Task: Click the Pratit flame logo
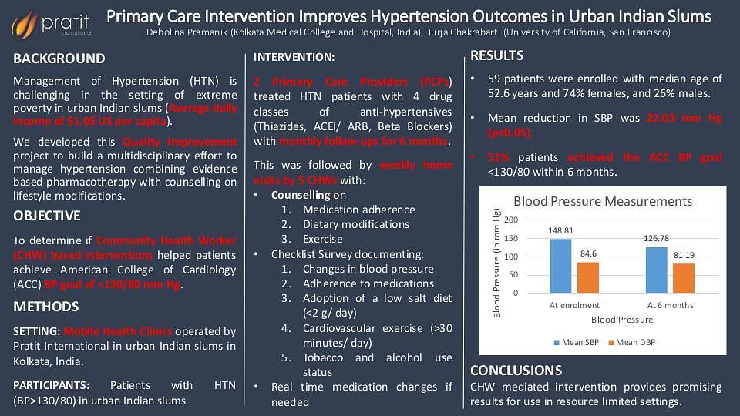24,24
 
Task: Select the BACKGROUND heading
59,59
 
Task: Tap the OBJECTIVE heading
47,216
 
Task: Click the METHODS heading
46,307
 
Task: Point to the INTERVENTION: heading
294,57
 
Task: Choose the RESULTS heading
497,55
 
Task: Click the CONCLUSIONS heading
516,371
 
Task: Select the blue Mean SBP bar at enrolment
560,266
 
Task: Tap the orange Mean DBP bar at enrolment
588,278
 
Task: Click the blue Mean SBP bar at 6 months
656,270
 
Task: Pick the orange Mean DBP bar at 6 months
684,278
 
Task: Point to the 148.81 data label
560,230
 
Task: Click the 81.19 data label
684,255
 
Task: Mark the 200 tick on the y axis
511,220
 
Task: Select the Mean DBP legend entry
632,342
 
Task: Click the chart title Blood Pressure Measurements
603,201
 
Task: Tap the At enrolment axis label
574,305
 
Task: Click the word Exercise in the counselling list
323,239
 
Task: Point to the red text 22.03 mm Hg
684,118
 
